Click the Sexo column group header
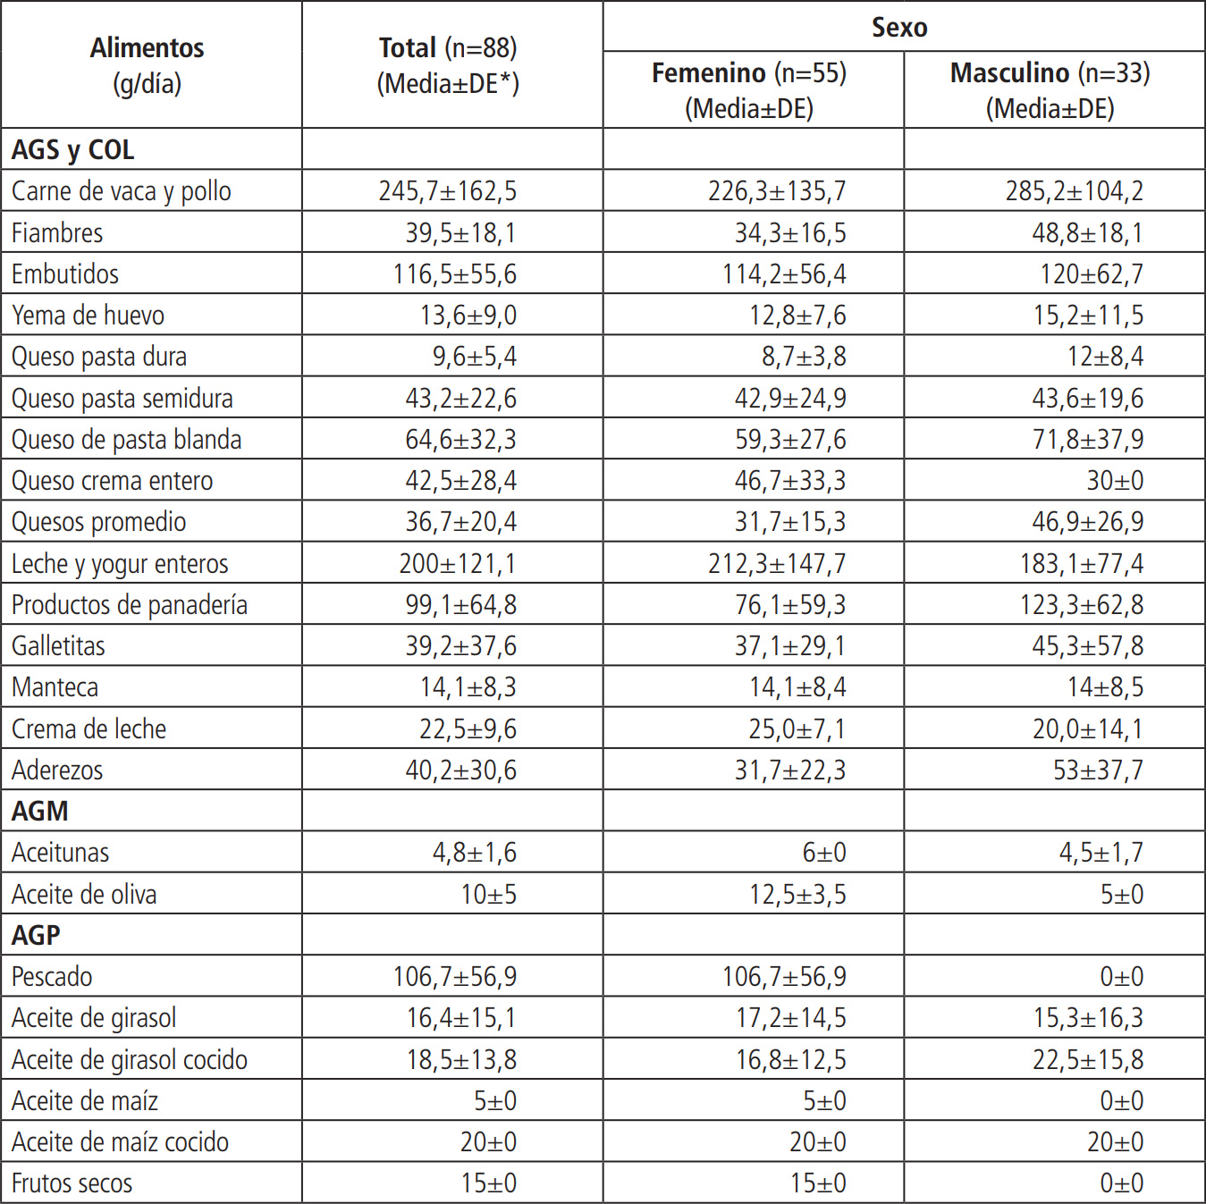[899, 28]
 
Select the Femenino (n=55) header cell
[749, 90]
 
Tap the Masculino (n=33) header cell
[1050, 90]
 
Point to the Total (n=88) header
[448, 65]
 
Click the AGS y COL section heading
[73, 150]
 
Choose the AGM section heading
[40, 811]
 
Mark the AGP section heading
[37, 935]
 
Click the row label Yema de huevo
[88, 316]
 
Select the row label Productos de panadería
[129, 605]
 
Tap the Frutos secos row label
[72, 1183]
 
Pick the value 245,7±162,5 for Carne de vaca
[447, 191]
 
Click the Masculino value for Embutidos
[1091, 274]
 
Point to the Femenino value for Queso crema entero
[789, 481]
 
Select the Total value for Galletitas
[460, 646]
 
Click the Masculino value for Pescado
[1121, 977]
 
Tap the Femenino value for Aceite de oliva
[797, 895]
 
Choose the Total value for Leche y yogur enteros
[457, 564]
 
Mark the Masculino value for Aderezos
[1097, 770]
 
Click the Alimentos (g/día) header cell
[147, 65]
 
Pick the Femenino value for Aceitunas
[823, 853]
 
